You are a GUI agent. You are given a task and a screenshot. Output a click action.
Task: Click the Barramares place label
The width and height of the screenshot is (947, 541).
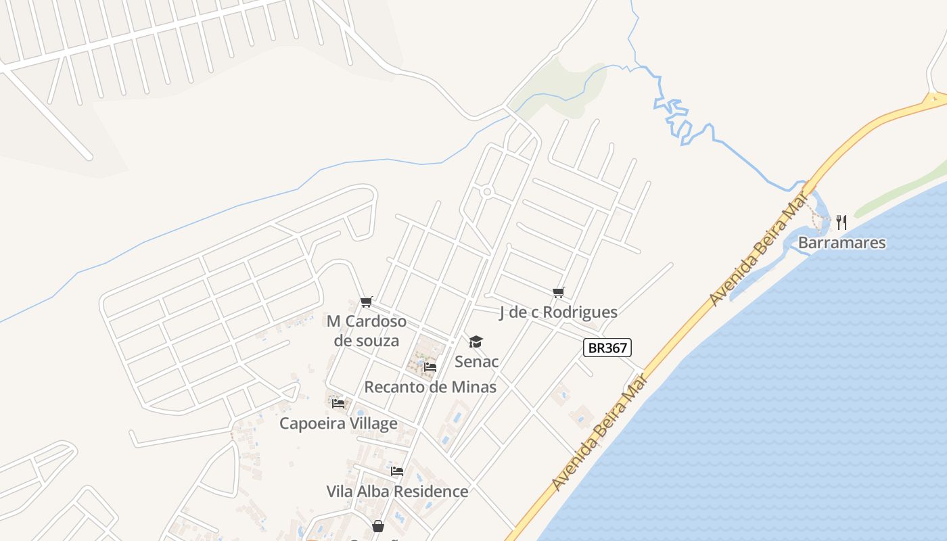point(841,243)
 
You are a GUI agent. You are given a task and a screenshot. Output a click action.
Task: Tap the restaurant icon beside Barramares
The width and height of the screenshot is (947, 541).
point(841,222)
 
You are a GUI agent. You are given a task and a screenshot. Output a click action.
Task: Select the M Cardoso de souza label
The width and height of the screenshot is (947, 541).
point(366,330)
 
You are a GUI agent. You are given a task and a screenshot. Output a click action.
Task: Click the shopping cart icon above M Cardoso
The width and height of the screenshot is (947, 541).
point(366,302)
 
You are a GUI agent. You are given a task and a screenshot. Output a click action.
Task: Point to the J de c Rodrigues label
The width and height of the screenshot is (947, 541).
point(558,312)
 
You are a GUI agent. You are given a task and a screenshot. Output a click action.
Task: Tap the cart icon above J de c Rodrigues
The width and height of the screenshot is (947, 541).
point(558,292)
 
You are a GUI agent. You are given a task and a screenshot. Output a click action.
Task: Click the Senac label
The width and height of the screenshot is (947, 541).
point(476,361)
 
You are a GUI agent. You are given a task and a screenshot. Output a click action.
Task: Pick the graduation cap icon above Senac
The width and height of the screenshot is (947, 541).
point(476,342)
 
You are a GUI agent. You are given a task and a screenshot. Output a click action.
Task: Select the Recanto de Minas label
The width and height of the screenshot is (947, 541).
point(430,387)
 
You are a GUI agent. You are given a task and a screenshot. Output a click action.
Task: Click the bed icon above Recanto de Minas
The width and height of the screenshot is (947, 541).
point(430,367)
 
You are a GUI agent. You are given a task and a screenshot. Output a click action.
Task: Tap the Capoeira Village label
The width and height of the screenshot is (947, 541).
point(338,423)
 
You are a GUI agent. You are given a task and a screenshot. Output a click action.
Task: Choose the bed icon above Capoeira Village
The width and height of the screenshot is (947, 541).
point(338,404)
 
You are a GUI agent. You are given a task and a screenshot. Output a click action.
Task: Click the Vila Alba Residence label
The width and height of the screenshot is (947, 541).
point(397,491)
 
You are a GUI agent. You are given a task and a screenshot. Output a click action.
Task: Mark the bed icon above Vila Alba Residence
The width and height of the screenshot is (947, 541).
point(397,471)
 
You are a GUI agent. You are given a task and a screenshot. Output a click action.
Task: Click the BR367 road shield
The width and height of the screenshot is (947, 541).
point(607,348)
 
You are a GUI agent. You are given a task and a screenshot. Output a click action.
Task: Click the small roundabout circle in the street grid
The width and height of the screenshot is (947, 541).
point(486,192)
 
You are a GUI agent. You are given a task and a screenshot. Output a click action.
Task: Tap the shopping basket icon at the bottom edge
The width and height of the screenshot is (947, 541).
point(378,525)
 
